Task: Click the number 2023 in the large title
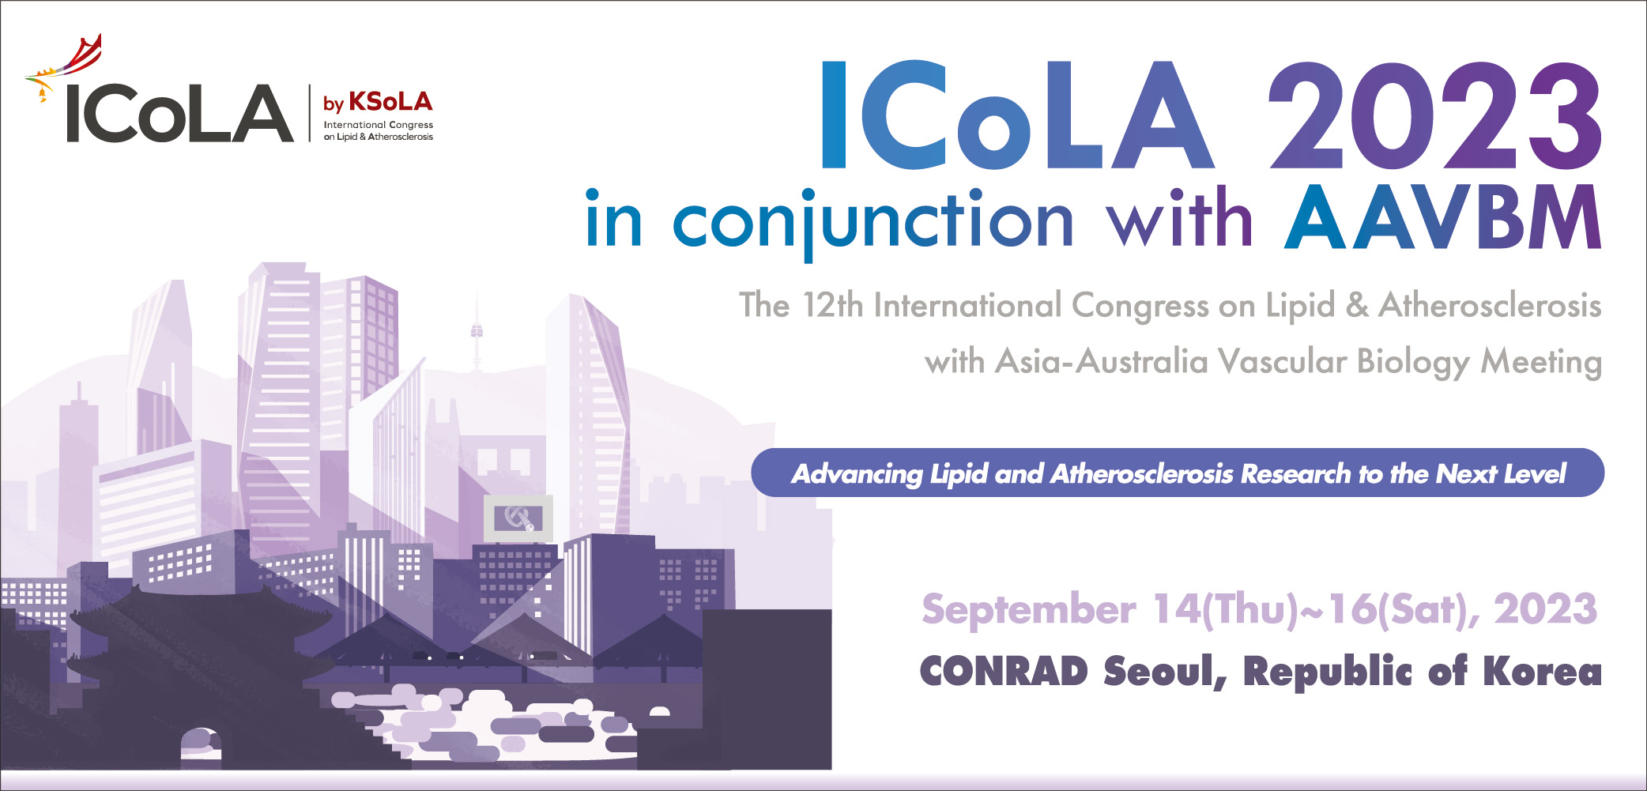click(x=1435, y=115)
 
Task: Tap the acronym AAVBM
click(x=1442, y=217)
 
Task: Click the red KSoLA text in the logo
click(x=390, y=102)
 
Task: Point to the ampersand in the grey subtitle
click(x=1357, y=305)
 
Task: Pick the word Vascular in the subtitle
click(x=1282, y=361)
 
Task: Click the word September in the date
click(x=1029, y=610)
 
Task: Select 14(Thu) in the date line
click(x=1225, y=610)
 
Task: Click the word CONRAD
click(x=1004, y=672)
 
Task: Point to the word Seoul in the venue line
click(x=1166, y=672)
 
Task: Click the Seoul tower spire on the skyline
click(x=477, y=332)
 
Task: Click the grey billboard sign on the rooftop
click(x=518, y=518)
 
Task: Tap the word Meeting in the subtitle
click(x=1541, y=362)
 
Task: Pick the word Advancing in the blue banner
click(x=857, y=474)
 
